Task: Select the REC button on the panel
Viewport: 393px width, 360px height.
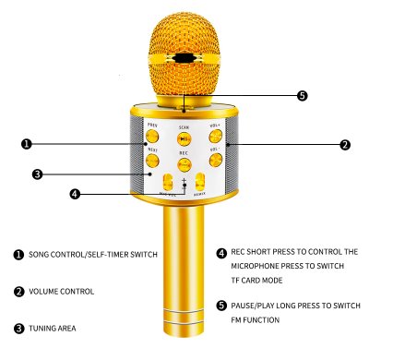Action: coord(185,165)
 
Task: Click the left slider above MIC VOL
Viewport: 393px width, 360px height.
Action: coord(168,183)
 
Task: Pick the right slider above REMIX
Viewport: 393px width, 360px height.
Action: coord(200,183)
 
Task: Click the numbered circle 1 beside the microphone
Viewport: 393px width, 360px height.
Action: coord(26,144)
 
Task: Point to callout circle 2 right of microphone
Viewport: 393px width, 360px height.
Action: coord(344,145)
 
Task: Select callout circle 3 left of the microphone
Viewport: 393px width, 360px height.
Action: coord(38,174)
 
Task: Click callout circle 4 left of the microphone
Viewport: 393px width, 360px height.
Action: coord(76,194)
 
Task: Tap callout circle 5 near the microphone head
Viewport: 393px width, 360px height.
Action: coord(302,95)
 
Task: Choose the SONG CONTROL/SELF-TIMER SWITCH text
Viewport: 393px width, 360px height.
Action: coord(93,254)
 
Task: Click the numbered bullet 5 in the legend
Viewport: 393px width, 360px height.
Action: coord(221,306)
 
